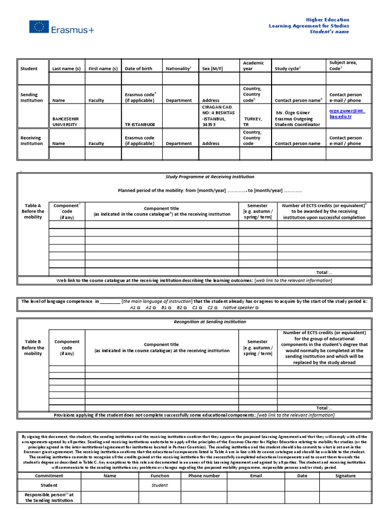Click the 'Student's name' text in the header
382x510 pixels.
pos(329,32)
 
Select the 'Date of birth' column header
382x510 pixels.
pos(138,68)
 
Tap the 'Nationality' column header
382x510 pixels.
pos(178,68)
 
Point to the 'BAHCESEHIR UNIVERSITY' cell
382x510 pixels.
pos(65,122)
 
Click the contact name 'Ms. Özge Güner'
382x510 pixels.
pos(292,113)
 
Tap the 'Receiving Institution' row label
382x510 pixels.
pos(31,140)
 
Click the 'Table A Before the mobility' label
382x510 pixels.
pos(33,211)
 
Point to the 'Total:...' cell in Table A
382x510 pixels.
pos(324,272)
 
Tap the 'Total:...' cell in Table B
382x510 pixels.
pos(324,407)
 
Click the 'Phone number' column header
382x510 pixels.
pos(204,476)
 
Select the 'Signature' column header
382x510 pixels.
pos(345,476)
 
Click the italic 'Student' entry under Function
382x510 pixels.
pos(160,485)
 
